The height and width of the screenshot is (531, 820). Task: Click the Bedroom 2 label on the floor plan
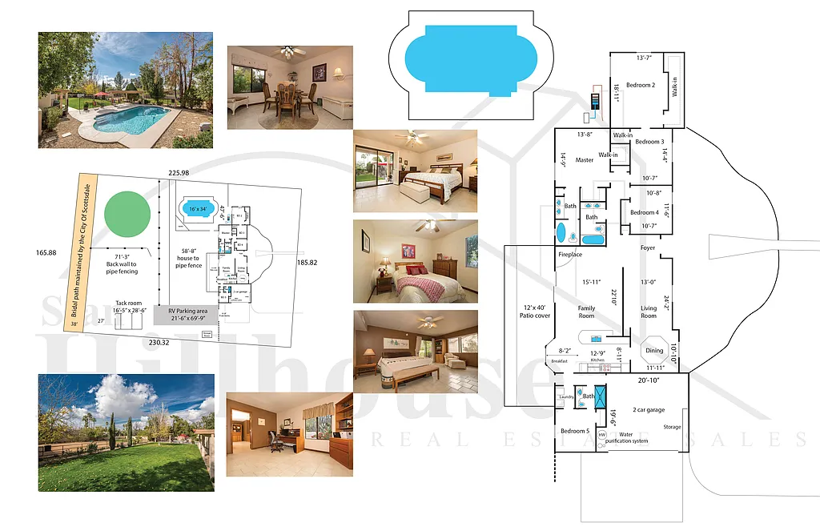point(641,85)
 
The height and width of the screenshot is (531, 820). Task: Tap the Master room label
point(584,160)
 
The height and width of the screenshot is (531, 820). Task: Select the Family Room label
point(586,312)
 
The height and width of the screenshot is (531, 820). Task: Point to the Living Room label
point(648,312)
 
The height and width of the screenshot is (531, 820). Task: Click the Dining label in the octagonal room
point(654,350)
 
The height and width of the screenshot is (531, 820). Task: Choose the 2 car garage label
point(649,409)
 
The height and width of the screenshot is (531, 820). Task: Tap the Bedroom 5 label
point(574,431)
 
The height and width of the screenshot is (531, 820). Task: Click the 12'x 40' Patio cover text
point(534,312)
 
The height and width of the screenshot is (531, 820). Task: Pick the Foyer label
point(647,248)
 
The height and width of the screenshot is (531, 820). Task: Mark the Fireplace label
point(570,255)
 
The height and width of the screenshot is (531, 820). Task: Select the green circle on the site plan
point(128,211)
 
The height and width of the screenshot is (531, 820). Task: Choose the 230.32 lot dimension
point(159,342)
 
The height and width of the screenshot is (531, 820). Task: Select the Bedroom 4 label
point(644,212)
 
